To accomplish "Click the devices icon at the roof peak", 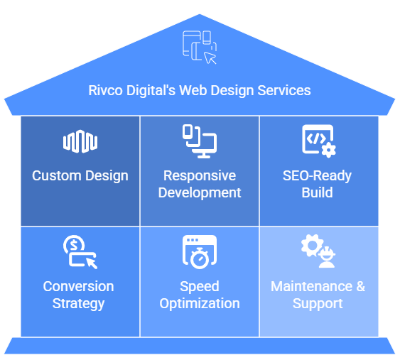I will (x=200, y=48).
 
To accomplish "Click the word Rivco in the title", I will (x=105, y=91).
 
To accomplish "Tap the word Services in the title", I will (x=284, y=91).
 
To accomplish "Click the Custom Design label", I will (x=80, y=175).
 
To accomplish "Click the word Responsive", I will (x=200, y=175).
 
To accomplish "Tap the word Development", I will (x=200, y=192).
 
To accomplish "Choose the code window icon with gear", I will (x=318, y=141).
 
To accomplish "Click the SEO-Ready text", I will (x=317, y=175).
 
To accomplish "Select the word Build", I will (x=317, y=192).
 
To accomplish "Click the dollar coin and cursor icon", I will (x=80, y=252).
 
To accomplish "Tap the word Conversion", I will (x=79, y=286).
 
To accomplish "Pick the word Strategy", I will (x=79, y=303).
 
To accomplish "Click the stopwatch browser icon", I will (x=200, y=252).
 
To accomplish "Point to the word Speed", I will (x=200, y=286).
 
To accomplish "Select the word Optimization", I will (x=200, y=303).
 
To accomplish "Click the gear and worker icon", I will (x=318, y=252).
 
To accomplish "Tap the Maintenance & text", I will (x=318, y=286).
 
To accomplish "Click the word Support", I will (x=318, y=303).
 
